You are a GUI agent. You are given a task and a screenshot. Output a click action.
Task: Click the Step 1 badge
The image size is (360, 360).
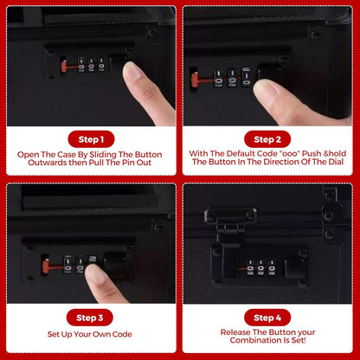(x=91, y=139)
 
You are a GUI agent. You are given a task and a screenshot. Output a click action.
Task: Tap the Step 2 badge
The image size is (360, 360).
(x=267, y=139)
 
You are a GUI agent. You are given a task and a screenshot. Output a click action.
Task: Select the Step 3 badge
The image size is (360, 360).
(x=90, y=318)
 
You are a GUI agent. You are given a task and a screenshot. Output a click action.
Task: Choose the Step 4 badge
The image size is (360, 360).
(x=267, y=318)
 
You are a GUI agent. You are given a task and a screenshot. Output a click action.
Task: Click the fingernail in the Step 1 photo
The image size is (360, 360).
(x=132, y=72)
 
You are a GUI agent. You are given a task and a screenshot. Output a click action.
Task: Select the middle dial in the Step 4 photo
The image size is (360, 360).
(x=260, y=267)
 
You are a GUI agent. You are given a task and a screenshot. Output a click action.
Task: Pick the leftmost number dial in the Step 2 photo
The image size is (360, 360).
(x=218, y=78)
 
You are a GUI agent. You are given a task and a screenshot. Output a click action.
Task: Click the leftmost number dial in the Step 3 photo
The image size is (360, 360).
(x=68, y=265)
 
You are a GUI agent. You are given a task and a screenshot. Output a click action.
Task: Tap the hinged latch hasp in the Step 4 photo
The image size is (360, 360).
(x=228, y=236)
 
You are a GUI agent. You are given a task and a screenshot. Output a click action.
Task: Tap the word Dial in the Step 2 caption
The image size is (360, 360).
(x=336, y=162)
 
